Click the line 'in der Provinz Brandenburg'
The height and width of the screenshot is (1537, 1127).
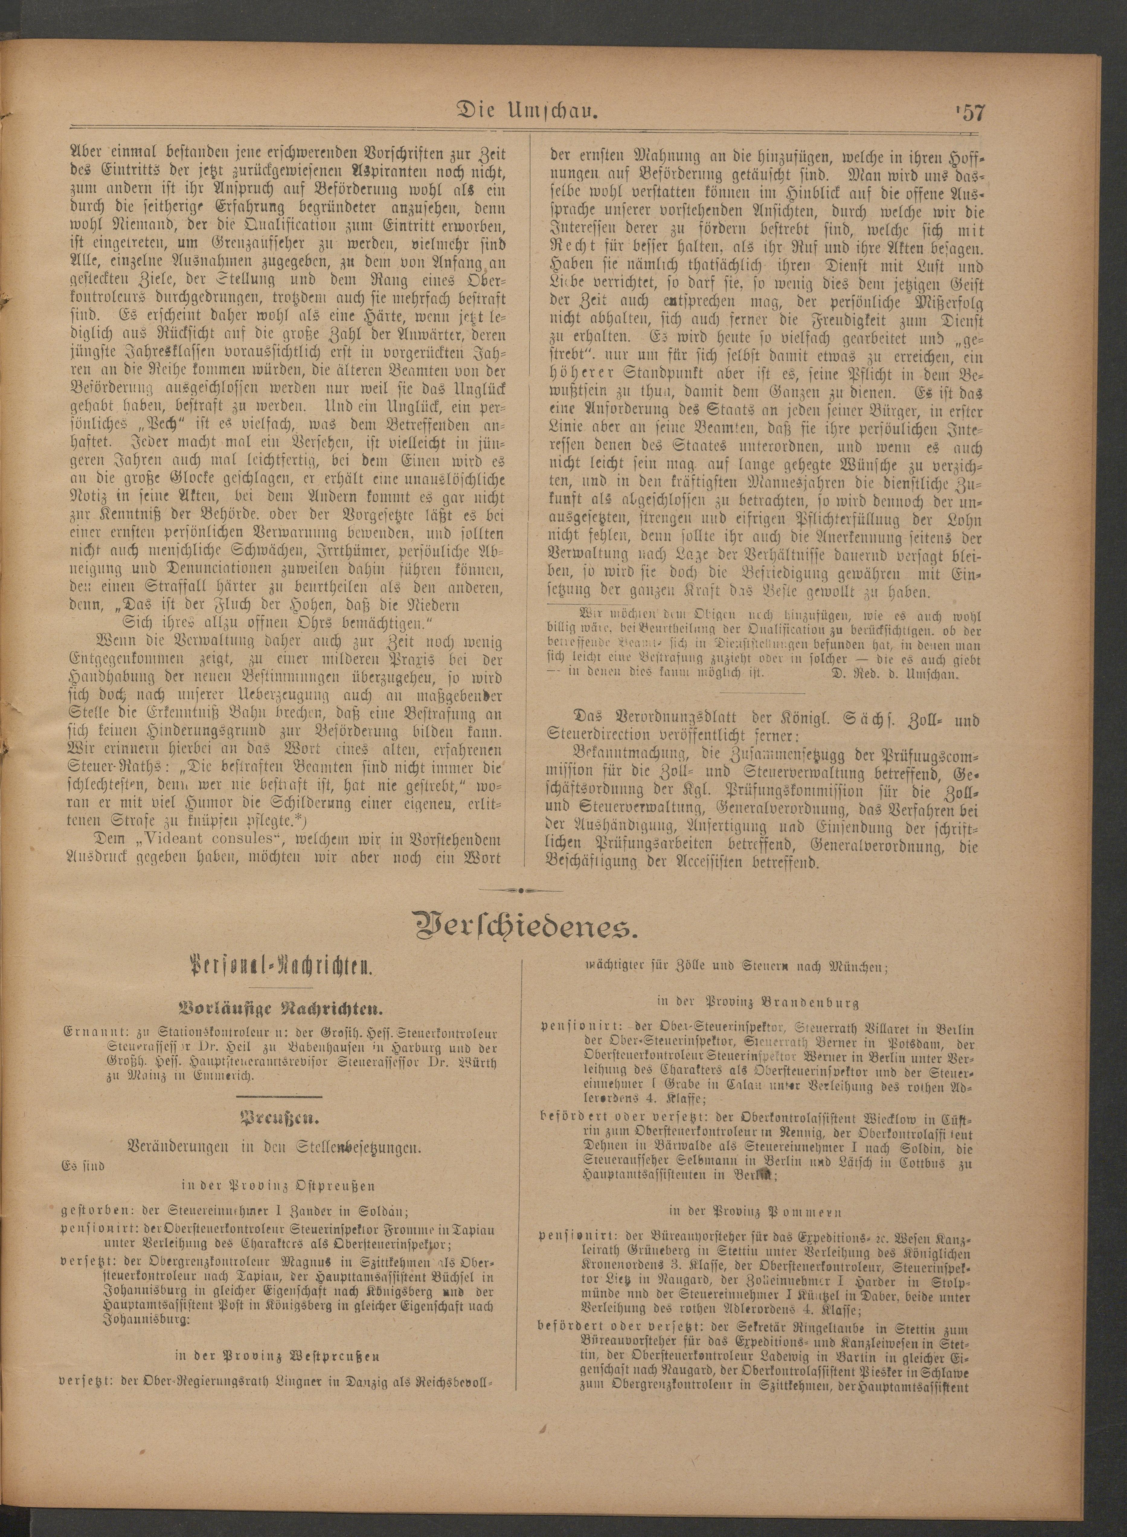[757, 1002]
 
